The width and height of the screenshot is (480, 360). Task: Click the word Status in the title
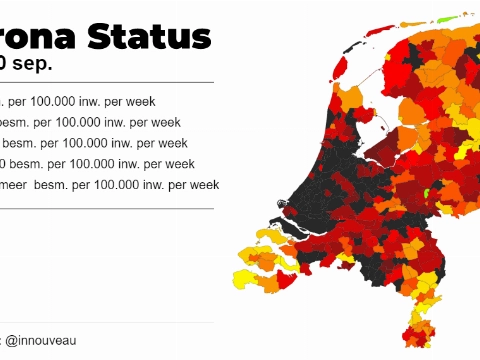point(150,36)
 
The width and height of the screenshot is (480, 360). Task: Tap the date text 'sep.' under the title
point(32,63)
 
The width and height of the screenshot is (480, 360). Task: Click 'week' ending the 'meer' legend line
point(204,185)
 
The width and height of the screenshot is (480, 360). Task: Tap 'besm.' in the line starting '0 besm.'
point(29,164)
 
